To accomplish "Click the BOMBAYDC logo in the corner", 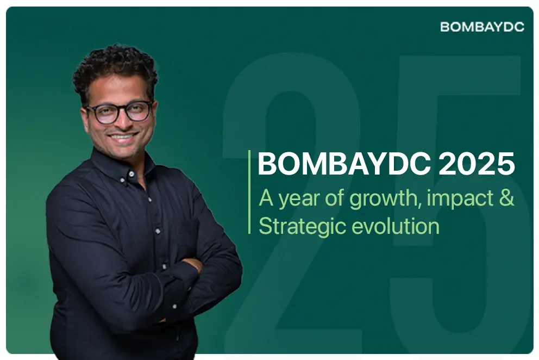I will pyautogui.click(x=481, y=27).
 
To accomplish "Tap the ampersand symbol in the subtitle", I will pyautogui.click(x=505, y=198).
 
